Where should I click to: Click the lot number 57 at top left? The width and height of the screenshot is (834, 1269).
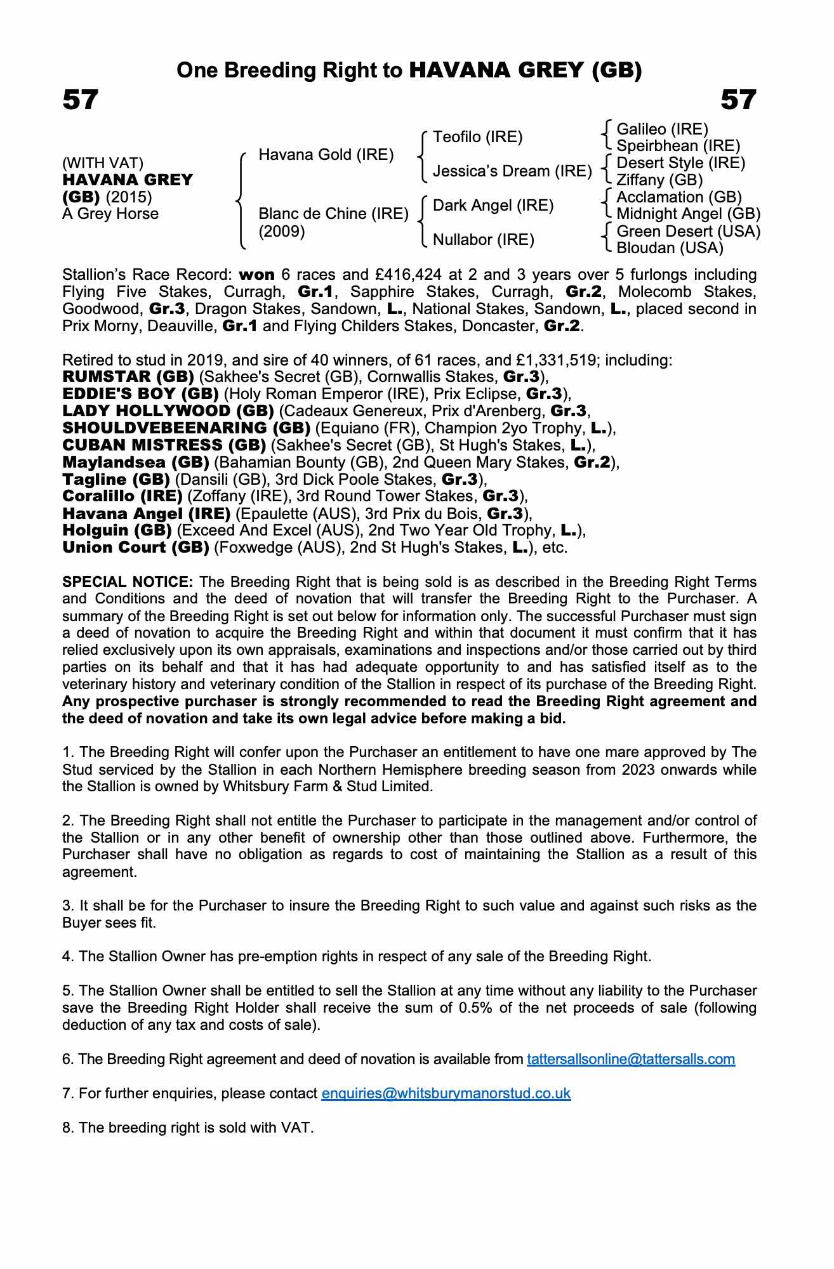point(81,100)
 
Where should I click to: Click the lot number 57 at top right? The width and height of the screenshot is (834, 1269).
point(738,100)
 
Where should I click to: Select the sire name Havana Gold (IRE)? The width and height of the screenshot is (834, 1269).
point(326,155)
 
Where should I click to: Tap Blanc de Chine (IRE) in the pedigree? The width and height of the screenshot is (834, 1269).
point(333,214)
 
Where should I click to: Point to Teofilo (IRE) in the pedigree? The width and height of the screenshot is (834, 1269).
point(477,137)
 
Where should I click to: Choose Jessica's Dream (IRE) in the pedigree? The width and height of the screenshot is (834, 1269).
point(512,171)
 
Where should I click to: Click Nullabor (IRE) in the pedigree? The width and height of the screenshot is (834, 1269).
point(483,240)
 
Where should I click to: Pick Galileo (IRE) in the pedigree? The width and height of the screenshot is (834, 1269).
point(662,129)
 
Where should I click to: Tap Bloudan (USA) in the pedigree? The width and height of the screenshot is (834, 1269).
point(670,248)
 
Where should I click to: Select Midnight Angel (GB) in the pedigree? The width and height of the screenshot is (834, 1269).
point(688,214)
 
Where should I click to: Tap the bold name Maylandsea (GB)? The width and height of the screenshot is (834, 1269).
point(136,463)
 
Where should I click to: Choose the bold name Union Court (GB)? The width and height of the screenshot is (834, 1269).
point(136,548)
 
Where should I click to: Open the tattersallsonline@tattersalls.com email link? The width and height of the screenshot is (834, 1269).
point(631,1059)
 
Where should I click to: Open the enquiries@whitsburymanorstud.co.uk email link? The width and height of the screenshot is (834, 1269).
point(446,1093)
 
